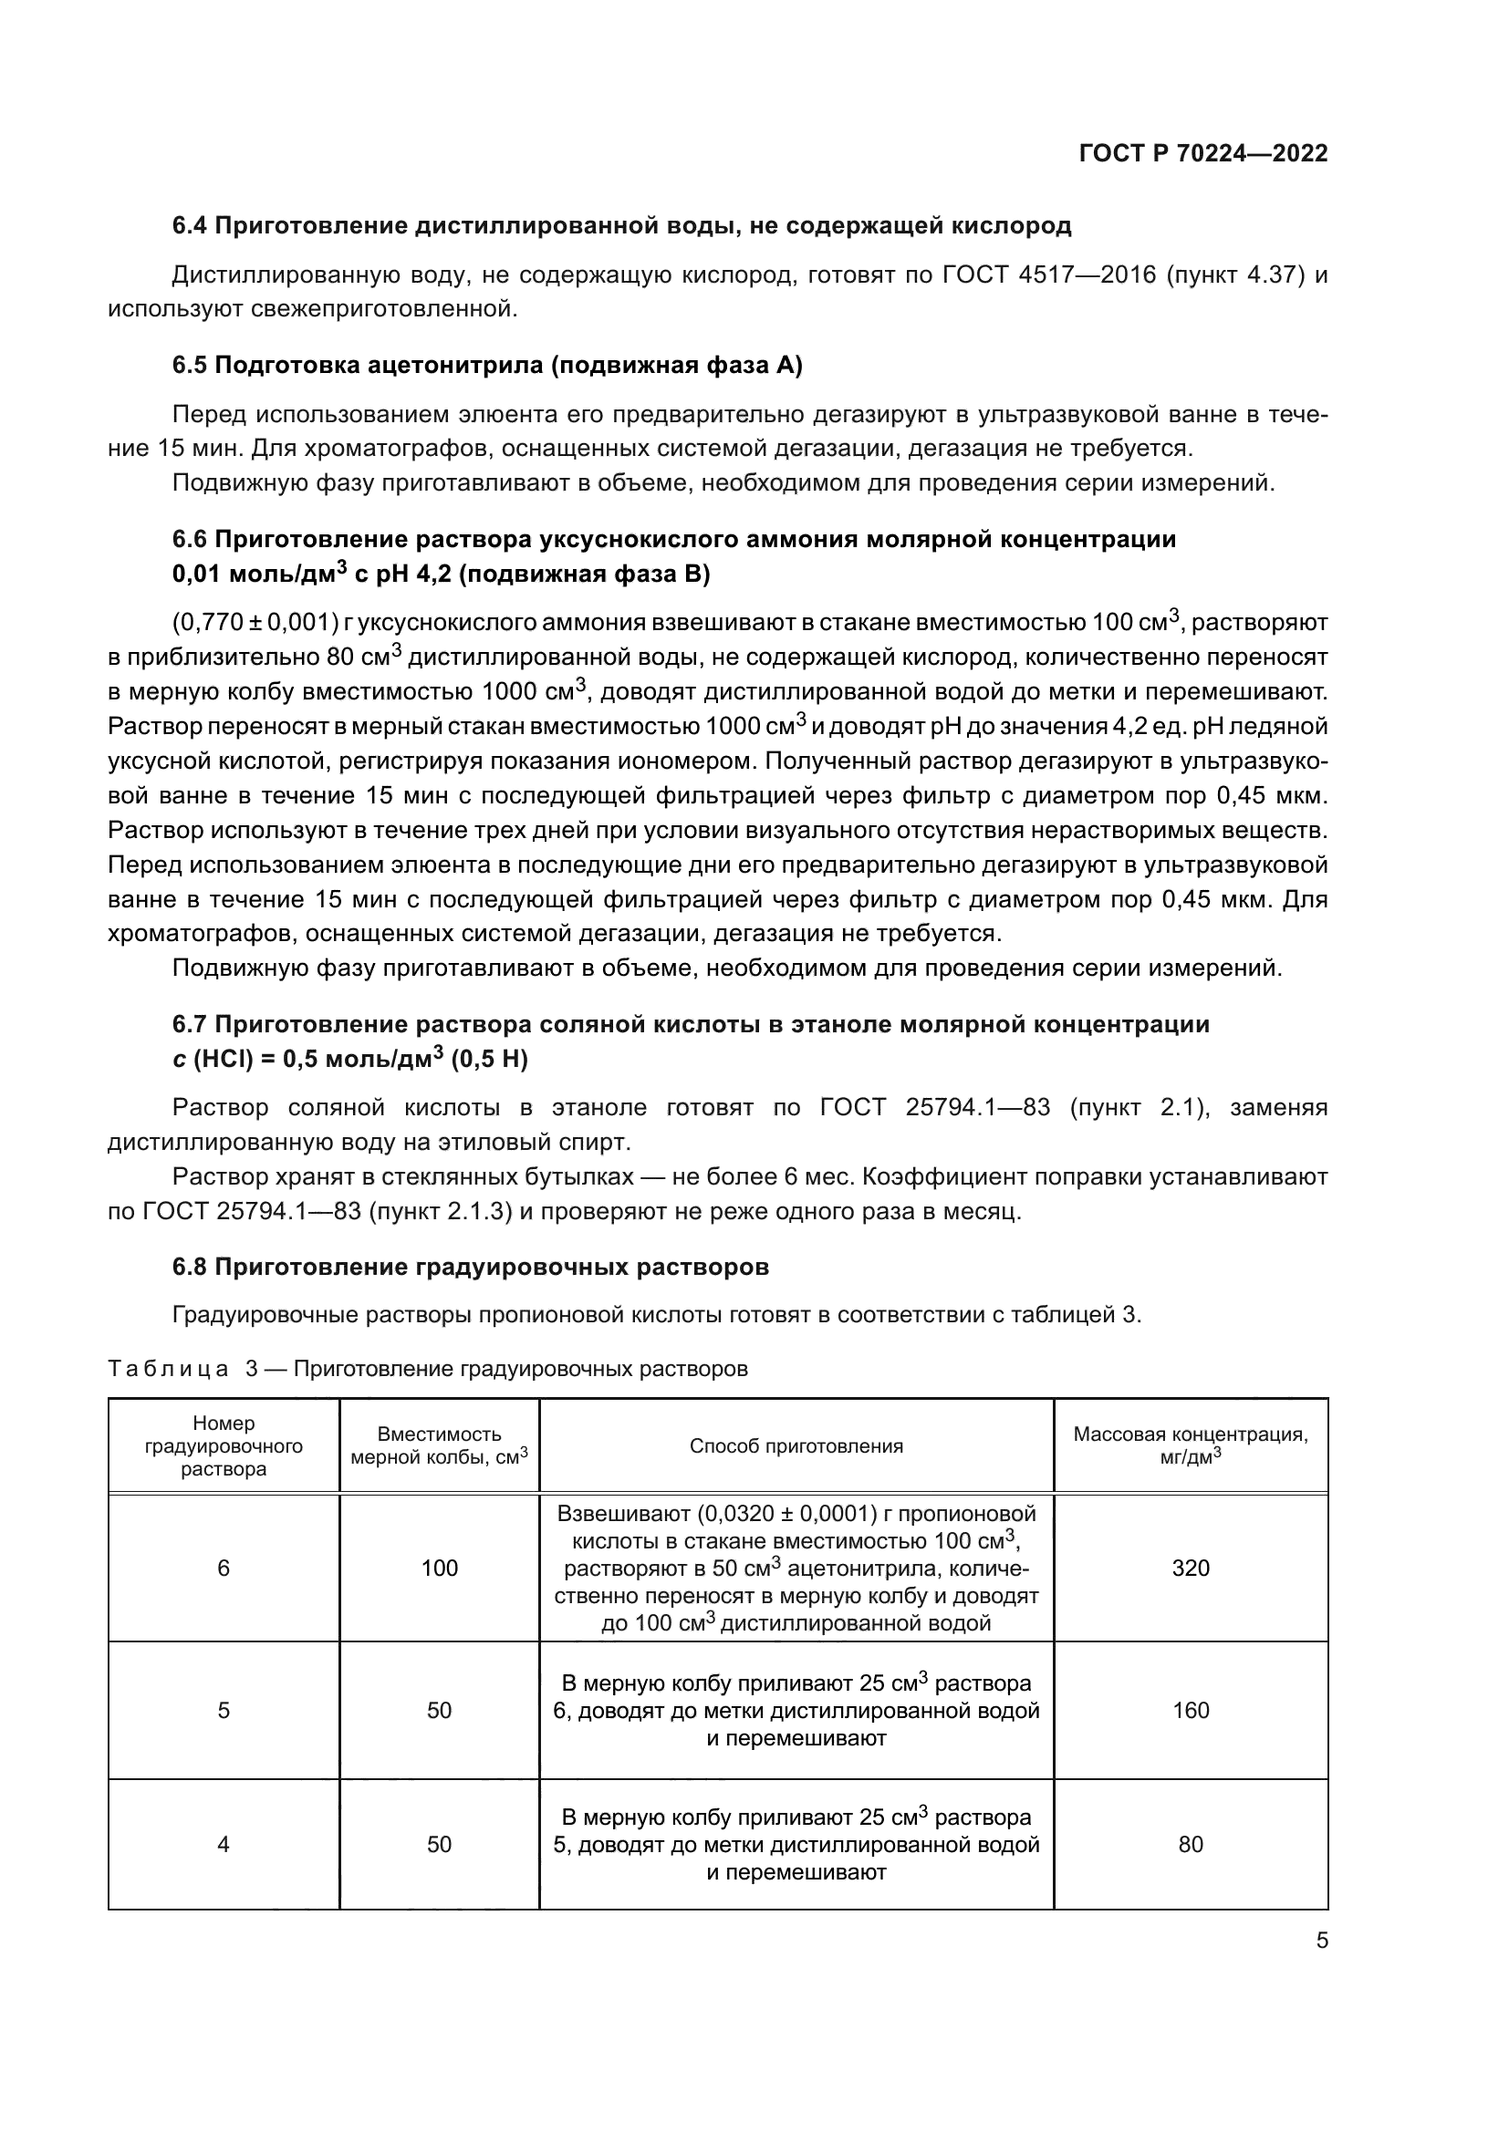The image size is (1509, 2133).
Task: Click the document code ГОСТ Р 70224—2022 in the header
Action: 1202,153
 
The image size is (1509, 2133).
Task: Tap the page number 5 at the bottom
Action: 1321,1941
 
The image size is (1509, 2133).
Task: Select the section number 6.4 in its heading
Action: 191,226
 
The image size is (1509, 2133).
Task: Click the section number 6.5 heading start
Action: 191,365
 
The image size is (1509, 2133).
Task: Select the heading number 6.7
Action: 191,1024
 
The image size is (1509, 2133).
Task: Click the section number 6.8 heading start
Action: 191,1268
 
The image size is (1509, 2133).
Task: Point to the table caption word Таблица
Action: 168,1370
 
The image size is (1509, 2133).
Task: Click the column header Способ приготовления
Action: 796,1446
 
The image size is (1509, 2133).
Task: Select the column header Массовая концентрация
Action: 1190,1435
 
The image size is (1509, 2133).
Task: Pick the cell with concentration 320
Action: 1191,1569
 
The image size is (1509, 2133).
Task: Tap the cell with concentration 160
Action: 1191,1710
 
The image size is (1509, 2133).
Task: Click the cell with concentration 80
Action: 1191,1844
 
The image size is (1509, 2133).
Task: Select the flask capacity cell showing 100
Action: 440,1569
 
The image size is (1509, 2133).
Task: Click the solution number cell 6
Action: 223,1569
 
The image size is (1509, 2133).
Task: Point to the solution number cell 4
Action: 223,1844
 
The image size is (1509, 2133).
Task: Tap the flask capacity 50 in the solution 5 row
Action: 440,1710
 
